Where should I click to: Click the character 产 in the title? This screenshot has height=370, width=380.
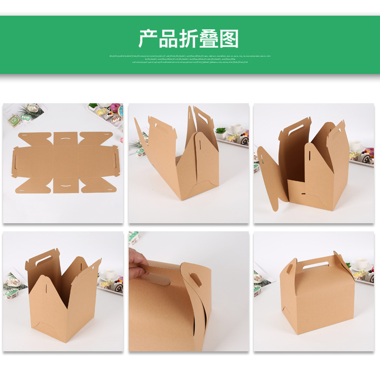pyautogui.click(x=148, y=38)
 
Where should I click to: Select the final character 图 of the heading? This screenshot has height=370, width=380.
pyautogui.click(x=229, y=38)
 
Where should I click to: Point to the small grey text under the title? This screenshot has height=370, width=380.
pyautogui.click(x=190, y=59)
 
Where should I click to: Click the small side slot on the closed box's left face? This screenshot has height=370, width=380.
pyautogui.click(x=289, y=269)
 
